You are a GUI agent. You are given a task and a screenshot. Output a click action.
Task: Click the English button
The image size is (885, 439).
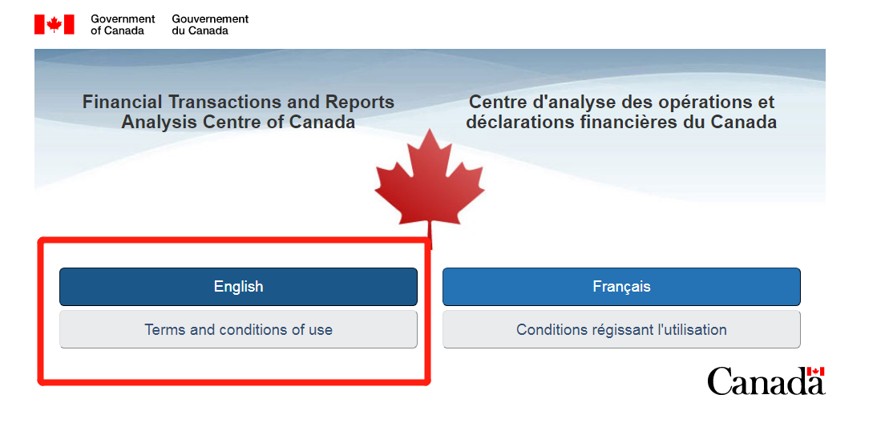click(238, 287)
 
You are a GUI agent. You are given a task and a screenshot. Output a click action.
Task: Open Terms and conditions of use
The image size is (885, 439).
click(238, 329)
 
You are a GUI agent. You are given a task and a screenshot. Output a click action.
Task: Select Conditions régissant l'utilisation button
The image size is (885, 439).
click(621, 329)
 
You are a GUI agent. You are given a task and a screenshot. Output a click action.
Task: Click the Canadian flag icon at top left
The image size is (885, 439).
click(55, 24)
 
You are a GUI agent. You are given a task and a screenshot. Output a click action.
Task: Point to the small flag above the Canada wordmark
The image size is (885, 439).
click(815, 371)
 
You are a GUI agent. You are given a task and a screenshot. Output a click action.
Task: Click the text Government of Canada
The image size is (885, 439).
click(123, 24)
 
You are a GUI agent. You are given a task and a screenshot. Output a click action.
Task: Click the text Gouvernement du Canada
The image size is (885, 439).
click(210, 24)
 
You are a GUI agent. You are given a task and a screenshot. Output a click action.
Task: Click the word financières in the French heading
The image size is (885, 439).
click(620, 122)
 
